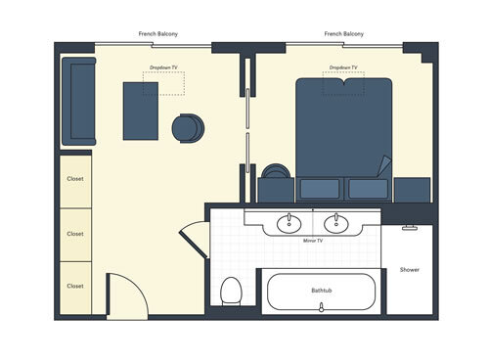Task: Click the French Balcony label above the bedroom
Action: click(x=343, y=34)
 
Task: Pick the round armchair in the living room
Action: click(x=188, y=128)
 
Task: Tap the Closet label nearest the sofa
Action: click(x=75, y=180)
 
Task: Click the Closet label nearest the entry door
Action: click(x=75, y=286)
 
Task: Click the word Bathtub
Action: click(x=322, y=291)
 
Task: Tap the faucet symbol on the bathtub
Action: click(x=322, y=307)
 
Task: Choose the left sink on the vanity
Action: click(x=289, y=223)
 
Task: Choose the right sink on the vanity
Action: click(x=336, y=223)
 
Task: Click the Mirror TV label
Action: click(x=313, y=240)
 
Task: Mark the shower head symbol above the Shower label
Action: click(x=409, y=228)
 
